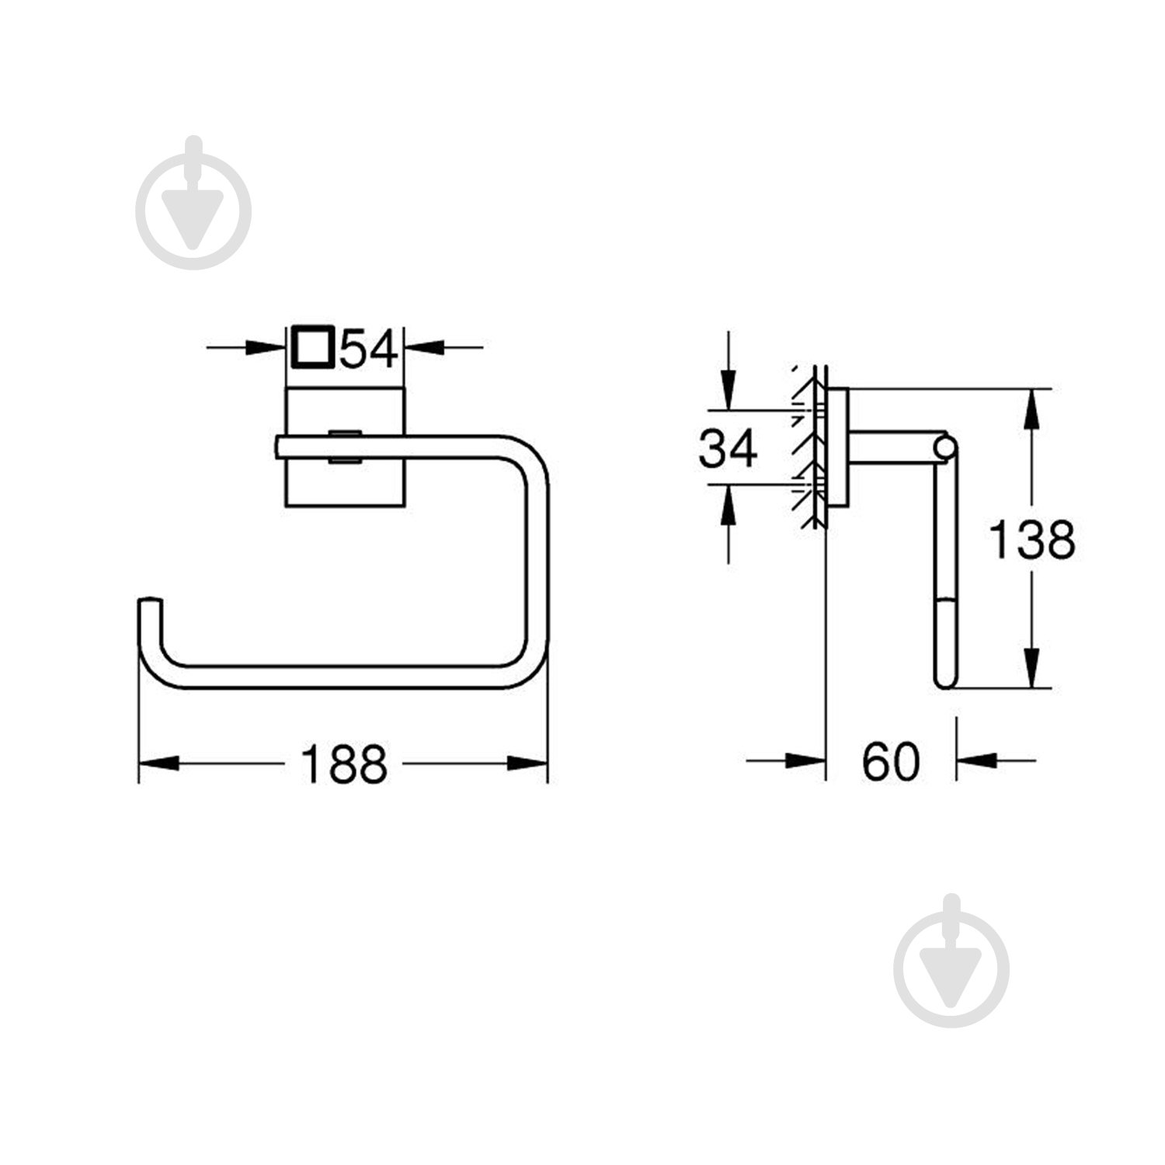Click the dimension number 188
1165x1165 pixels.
(343, 763)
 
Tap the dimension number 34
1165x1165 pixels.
(728, 449)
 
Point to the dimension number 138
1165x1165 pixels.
(1031, 540)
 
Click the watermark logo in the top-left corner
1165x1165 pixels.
(193, 203)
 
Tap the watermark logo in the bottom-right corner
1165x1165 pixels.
(951, 961)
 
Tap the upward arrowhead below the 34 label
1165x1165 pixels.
(728, 502)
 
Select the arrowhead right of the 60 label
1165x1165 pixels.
(975, 761)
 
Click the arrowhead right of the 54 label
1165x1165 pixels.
(424, 347)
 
